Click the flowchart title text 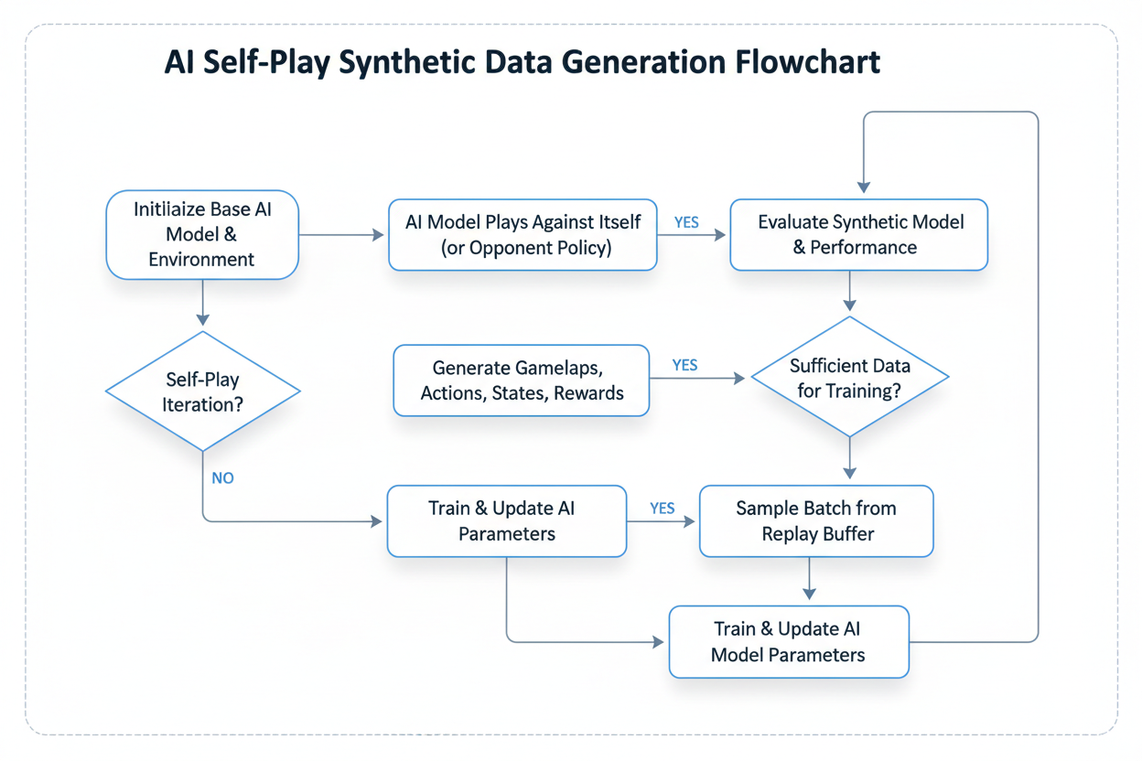click(522, 62)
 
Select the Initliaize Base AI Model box click(202, 234)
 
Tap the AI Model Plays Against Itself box click(523, 234)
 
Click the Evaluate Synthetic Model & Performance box click(858, 234)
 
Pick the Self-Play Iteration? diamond click(203, 391)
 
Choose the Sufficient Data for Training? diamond click(849, 378)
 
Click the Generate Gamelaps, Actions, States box click(522, 380)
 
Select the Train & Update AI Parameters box click(506, 520)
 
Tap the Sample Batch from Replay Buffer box click(816, 520)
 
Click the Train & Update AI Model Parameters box click(789, 641)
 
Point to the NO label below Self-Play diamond click(222, 477)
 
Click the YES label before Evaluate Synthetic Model click(686, 221)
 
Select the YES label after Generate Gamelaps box click(684, 365)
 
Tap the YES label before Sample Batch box click(663, 509)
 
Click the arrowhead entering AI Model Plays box click(378, 235)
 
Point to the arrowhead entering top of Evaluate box click(864, 187)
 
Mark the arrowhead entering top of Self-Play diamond click(202, 318)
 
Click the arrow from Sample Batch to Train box click(809, 580)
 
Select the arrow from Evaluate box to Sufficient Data click(851, 292)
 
